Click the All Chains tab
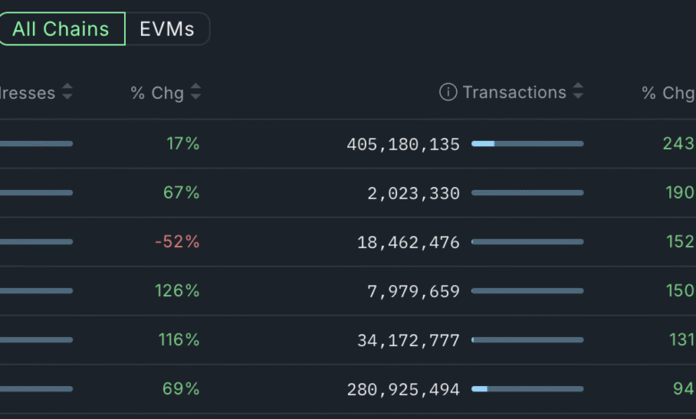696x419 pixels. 61,29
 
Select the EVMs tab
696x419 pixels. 167,29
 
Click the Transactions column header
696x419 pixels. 514,92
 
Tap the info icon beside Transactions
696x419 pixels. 448,92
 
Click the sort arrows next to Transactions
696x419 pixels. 578,92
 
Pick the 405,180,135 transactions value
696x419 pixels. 403,144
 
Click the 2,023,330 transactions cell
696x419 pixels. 413,193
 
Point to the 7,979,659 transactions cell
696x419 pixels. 413,291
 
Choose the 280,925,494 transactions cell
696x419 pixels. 403,389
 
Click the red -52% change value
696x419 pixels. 177,242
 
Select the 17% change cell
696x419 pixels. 183,144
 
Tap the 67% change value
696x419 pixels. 181,193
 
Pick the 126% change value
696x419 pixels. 177,291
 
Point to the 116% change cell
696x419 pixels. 178,340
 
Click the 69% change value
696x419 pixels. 181,389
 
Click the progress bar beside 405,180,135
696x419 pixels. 527,144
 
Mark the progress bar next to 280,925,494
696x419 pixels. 527,389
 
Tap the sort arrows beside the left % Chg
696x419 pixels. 196,92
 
